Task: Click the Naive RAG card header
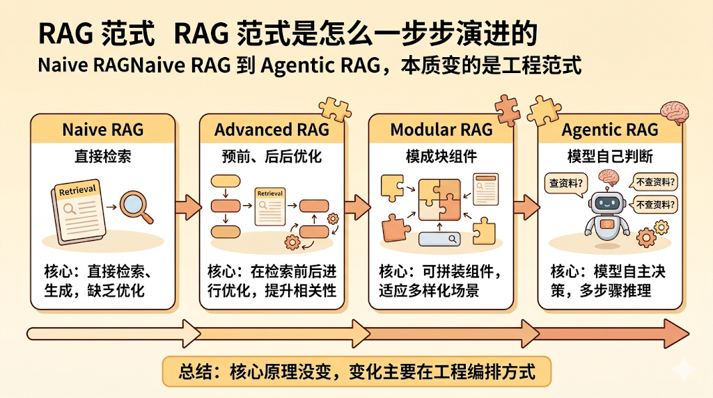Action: point(102,129)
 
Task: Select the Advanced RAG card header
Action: point(272,129)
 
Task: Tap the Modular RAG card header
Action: point(441,129)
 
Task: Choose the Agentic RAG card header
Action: point(609,129)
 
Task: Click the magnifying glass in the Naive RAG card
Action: point(136,206)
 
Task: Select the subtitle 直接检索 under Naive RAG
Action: point(102,157)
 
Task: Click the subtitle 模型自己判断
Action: point(609,157)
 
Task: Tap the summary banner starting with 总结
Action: point(356,371)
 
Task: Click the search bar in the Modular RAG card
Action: point(441,239)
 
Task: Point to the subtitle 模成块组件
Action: point(441,157)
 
